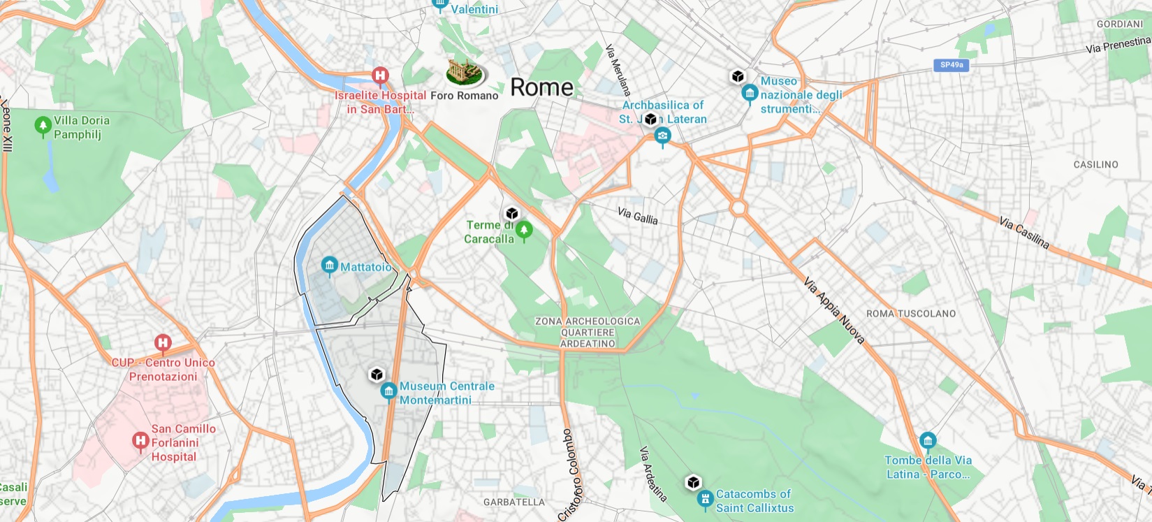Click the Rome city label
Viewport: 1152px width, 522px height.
click(x=541, y=87)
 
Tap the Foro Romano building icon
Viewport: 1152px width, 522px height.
click(x=465, y=72)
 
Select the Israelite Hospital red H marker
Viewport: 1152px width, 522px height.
click(x=380, y=75)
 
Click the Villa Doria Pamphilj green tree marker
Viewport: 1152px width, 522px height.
click(x=43, y=126)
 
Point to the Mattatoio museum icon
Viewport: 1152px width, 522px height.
click(x=329, y=266)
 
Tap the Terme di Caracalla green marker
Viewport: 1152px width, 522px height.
click(x=523, y=229)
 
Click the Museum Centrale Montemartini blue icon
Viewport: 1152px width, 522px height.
click(x=388, y=391)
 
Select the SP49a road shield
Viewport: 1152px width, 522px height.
click(x=951, y=65)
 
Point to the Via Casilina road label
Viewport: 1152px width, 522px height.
click(x=1023, y=233)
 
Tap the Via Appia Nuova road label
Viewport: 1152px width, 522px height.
click(x=834, y=310)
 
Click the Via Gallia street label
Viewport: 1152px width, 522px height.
click(x=637, y=216)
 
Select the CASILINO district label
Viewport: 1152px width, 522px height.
click(x=1095, y=165)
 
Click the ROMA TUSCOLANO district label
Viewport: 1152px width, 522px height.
click(x=910, y=314)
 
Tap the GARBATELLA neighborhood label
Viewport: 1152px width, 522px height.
click(x=513, y=502)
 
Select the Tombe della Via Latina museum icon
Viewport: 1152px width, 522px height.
click(x=927, y=441)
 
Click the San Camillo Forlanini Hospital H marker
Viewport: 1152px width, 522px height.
click(x=140, y=441)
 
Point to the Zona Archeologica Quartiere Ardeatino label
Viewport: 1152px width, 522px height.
click(x=588, y=333)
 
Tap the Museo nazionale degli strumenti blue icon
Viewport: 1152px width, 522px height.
click(x=750, y=93)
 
